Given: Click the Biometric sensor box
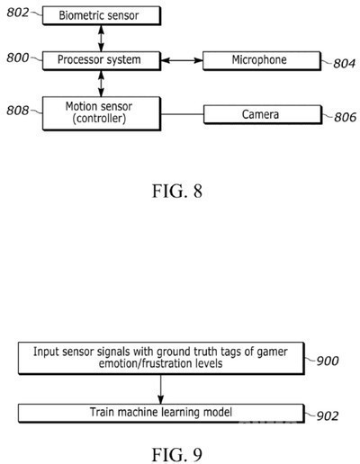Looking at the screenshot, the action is pyautogui.click(x=102, y=16).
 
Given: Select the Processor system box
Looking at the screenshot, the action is pyautogui.click(x=102, y=61).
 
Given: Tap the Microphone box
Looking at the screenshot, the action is pyautogui.click(x=262, y=61).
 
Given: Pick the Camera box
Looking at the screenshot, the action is pyautogui.click(x=263, y=114).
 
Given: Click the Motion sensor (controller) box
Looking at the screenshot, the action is pyautogui.click(x=102, y=113).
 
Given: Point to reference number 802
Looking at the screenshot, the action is pyautogui.click(x=18, y=13).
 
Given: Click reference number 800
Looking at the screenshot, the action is pyautogui.click(x=18, y=58).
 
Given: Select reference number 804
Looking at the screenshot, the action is pyautogui.click(x=344, y=64).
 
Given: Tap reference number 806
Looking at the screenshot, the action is pyautogui.click(x=346, y=117).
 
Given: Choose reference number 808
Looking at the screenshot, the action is pyautogui.click(x=18, y=111).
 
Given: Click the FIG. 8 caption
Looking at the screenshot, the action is pyautogui.click(x=177, y=191).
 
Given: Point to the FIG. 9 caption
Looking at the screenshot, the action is pyautogui.click(x=177, y=455).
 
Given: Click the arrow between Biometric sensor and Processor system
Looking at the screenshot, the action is pyautogui.click(x=101, y=39).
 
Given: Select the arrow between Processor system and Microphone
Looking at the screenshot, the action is pyautogui.click(x=182, y=60).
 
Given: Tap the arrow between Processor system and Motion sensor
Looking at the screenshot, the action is pyautogui.click(x=101, y=84).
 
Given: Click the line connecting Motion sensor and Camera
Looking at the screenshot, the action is pyautogui.click(x=183, y=114).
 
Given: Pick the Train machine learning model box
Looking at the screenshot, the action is pyautogui.click(x=161, y=414).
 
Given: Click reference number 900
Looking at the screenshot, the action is pyautogui.click(x=328, y=361).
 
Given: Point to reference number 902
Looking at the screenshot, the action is pyautogui.click(x=328, y=415).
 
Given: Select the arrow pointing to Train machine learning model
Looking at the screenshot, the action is pyautogui.click(x=161, y=389).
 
